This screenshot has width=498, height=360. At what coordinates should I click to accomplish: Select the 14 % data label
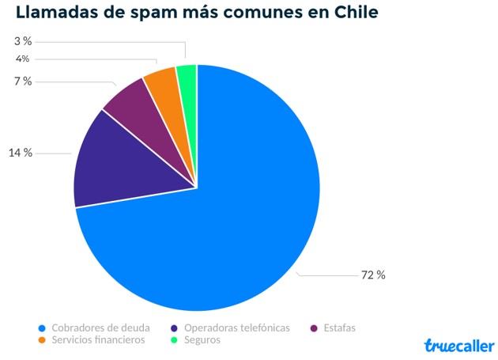point(21,153)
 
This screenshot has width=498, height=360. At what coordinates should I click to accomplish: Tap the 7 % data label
point(23,81)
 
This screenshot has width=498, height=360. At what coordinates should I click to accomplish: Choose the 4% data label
point(22,59)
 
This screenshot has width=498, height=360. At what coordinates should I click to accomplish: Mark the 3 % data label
point(23,40)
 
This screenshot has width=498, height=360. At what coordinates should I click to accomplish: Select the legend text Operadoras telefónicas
point(236,328)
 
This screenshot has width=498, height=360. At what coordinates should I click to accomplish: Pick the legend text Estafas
point(339,328)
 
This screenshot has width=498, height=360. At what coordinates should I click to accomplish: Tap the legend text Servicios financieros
point(98,340)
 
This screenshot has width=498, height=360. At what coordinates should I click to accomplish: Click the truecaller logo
point(458,346)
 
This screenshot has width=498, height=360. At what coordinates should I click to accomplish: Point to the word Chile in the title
point(353,13)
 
